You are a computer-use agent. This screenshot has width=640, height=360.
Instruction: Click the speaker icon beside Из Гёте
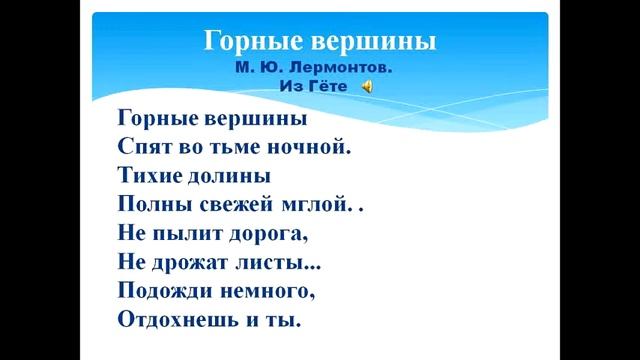[x=368, y=87]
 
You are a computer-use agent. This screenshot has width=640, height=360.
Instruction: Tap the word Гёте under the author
[x=332, y=87]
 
